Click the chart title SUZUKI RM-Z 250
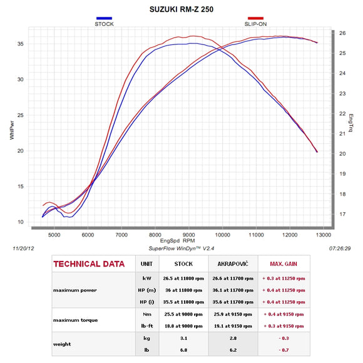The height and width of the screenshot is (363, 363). click(x=181, y=10)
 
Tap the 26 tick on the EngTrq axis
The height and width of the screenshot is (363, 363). click(x=342, y=33)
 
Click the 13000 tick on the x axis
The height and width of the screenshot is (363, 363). click(x=324, y=235)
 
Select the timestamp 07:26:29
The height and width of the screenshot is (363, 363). click(x=340, y=248)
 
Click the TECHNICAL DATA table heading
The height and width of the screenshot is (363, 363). click(x=89, y=264)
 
